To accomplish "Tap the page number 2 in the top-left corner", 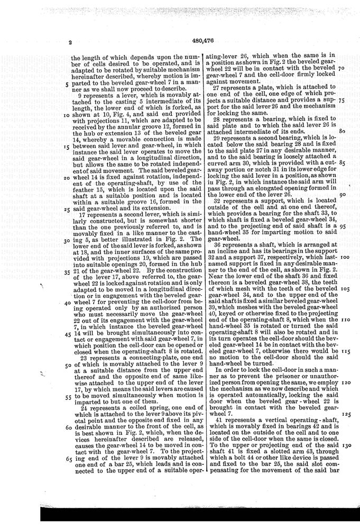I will [x=69, y=42].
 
